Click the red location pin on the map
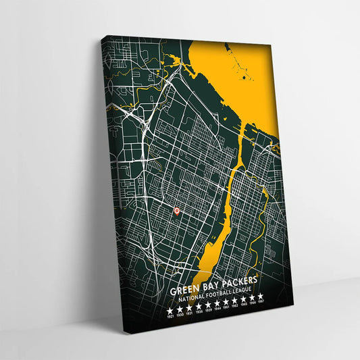click(x=177, y=211)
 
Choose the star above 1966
click(x=253, y=297)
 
